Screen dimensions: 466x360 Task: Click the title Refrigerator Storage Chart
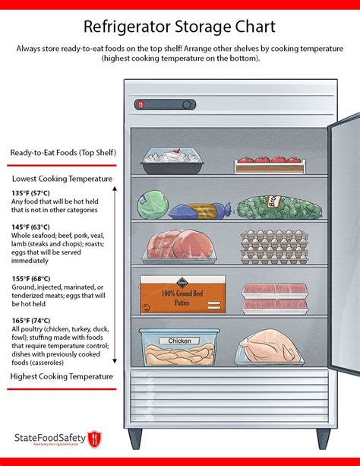179,28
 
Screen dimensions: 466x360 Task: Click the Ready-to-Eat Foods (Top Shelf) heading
63,153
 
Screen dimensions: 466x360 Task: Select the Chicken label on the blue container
180,341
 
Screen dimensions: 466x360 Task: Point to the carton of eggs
273,246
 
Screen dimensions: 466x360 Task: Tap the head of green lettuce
151,205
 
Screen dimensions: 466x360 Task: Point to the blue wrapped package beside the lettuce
194,210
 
